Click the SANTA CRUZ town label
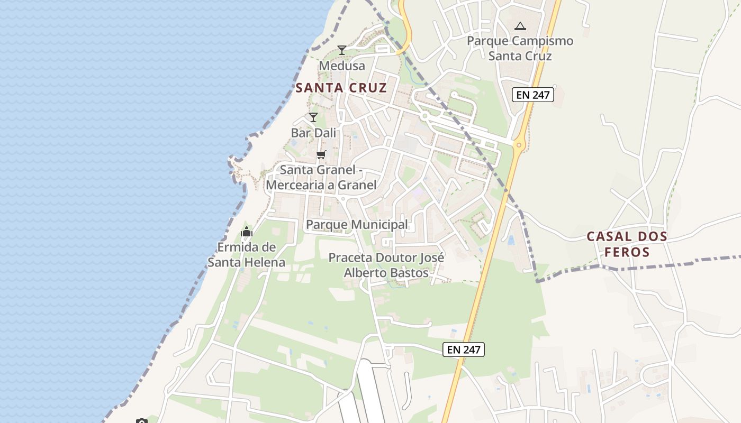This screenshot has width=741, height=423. pos(341,88)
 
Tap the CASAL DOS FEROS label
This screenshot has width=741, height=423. pos(627,244)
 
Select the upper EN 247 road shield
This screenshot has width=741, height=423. pos(532,95)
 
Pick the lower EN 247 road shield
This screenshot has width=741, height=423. pos(464,350)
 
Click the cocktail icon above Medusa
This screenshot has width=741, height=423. pos(342,50)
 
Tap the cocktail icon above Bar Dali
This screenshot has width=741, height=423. pos(313,117)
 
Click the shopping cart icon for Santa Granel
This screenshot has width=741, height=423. pos(321,155)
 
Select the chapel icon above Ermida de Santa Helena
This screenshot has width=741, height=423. pos(247,232)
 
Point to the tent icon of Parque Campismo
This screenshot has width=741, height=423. pos(520,26)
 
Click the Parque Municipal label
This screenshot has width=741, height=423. pos(357,225)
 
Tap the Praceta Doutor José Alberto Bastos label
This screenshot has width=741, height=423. pos(386,265)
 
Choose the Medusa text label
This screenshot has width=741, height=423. pos(342,66)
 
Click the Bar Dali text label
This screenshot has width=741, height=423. pos(313,133)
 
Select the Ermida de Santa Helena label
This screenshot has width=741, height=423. pos(246,255)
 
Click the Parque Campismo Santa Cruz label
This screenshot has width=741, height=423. pos(520,48)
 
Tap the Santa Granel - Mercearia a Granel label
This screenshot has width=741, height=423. pos(321,178)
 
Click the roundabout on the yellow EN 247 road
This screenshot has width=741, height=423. pos(519,144)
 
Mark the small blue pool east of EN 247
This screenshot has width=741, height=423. pos(511,241)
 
